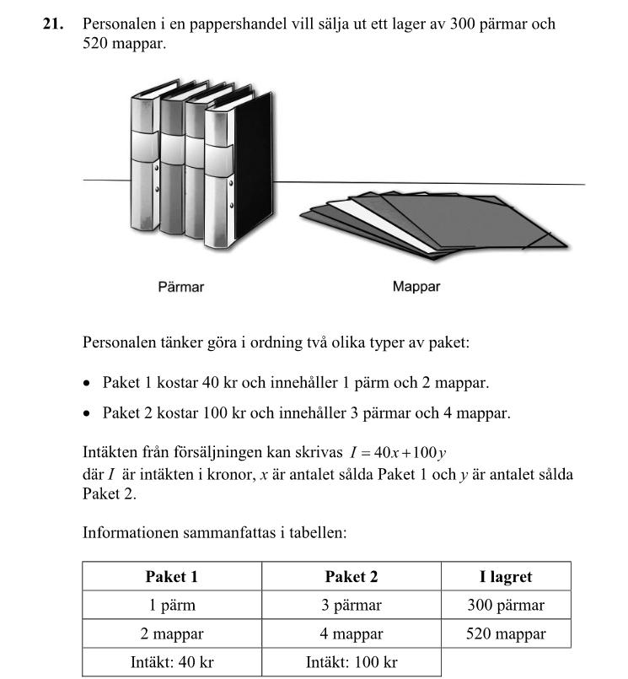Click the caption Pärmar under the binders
pos(180,287)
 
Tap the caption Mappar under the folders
pos(416,287)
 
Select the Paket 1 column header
pos(172,577)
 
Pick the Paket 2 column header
pos(352,577)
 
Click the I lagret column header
pos(506,577)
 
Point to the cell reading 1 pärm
pos(172,606)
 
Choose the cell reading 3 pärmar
pos(352,606)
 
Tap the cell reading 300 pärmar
pos(506,606)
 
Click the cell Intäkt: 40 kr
pos(172,662)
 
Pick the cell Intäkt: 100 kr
pos(352,662)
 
